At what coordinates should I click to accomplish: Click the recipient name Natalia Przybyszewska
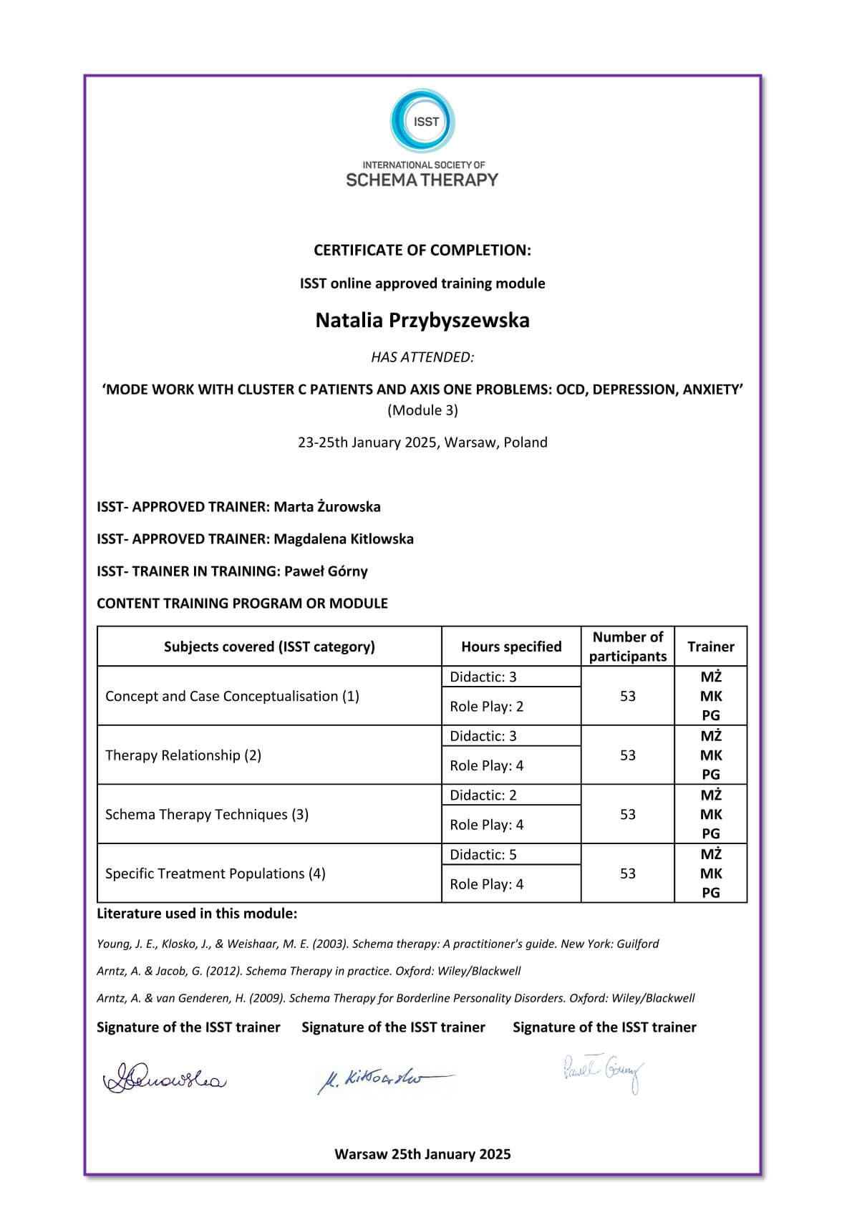[422, 320]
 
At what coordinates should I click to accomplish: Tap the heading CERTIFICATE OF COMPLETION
[422, 250]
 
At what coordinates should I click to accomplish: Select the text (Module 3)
[422, 410]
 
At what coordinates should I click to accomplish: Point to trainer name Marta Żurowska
[327, 507]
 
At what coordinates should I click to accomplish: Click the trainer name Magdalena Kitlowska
[344, 539]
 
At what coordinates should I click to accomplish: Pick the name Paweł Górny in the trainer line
[326, 571]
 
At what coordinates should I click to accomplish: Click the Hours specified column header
[511, 647]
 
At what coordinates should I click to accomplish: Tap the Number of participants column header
[628, 647]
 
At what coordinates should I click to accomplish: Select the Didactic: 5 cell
[483, 855]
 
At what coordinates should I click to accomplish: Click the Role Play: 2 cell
[487, 707]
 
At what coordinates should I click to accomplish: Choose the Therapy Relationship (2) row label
[183, 755]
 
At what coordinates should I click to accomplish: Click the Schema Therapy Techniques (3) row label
[207, 815]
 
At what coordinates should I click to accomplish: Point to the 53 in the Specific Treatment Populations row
[628, 873]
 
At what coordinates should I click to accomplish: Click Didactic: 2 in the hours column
[483, 795]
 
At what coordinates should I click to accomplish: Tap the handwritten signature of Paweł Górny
[603, 1072]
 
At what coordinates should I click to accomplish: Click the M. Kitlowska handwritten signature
[383, 1078]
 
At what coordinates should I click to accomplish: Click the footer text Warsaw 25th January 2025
[422, 1154]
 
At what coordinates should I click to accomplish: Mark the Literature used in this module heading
[197, 914]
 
